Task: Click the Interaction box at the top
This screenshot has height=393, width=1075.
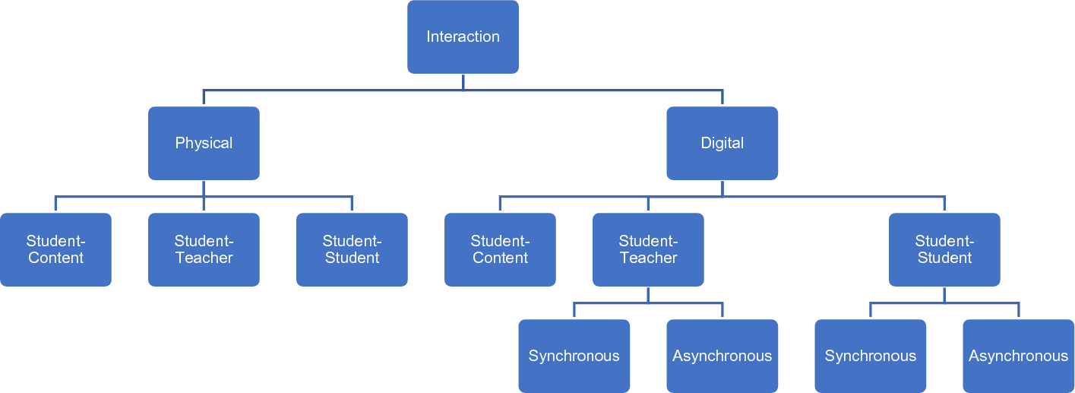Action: tap(463, 36)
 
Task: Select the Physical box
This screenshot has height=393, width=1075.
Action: tap(204, 143)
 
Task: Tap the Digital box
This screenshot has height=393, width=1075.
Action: tap(722, 143)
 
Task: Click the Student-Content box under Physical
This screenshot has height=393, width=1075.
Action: tap(55, 249)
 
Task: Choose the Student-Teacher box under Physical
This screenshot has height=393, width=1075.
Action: tap(204, 249)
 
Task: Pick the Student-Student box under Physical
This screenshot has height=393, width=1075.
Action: tap(352, 249)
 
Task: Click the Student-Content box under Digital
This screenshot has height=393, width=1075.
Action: tap(500, 249)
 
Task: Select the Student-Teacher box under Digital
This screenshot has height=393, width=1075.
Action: tap(648, 249)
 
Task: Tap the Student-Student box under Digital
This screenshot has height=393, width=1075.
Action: tap(944, 249)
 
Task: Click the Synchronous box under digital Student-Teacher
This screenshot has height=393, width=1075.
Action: tap(574, 356)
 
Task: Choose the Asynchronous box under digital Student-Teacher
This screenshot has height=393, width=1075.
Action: tap(722, 356)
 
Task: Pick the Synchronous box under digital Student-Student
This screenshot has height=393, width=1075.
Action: tap(870, 356)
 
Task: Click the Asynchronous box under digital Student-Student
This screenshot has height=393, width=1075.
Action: tap(1018, 356)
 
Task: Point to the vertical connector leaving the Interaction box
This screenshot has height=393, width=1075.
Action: tap(463, 81)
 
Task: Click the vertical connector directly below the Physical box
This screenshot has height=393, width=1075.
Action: tap(204, 188)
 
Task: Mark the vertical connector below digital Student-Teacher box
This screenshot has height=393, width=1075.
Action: tap(648, 294)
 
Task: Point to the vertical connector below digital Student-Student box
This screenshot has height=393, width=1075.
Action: tap(944, 294)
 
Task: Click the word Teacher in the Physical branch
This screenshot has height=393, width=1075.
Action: tap(204, 258)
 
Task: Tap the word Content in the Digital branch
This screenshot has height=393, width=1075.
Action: tap(500, 258)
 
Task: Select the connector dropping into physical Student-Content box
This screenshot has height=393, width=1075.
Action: tap(55, 204)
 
